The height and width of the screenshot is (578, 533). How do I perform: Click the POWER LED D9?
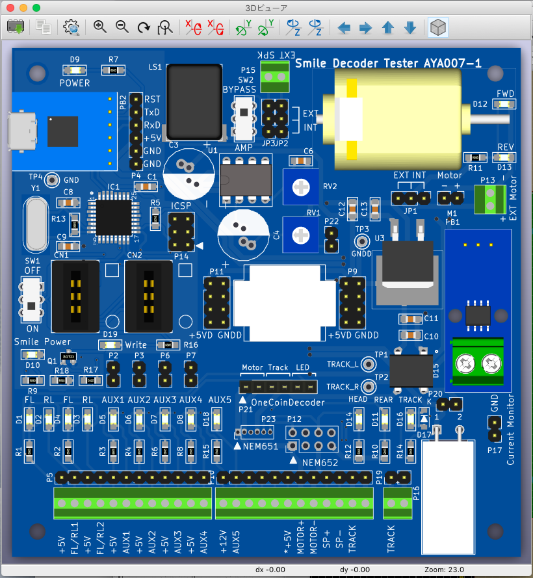click(75, 70)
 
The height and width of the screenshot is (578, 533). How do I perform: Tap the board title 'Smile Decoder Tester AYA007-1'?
click(388, 63)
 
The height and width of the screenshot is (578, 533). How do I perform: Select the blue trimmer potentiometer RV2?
click(301, 187)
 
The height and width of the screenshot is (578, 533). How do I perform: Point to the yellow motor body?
click(390, 120)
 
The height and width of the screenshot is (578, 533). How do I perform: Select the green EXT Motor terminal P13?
click(489, 200)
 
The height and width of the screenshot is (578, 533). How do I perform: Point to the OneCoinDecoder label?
click(288, 402)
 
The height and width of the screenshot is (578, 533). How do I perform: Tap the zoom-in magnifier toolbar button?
click(99, 27)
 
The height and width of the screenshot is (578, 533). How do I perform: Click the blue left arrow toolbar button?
click(344, 27)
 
